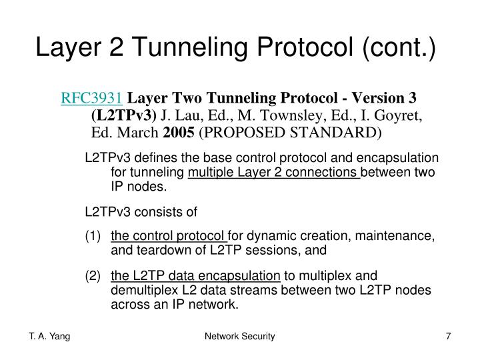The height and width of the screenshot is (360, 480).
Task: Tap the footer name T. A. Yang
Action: point(50,338)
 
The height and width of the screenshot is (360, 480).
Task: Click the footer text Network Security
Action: point(240,338)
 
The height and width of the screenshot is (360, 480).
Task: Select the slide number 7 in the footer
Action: point(448,338)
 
